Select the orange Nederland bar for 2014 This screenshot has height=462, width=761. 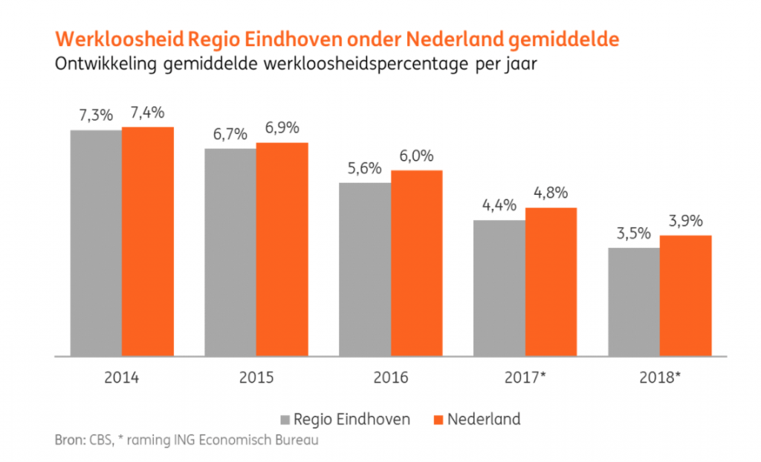148,242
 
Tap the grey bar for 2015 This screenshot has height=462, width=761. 230,253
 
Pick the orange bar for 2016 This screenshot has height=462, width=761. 417,263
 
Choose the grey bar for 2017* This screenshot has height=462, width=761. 499,289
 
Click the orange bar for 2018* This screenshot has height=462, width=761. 686,296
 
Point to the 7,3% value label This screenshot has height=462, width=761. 96,115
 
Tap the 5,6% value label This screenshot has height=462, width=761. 365,168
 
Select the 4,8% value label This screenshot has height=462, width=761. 551,193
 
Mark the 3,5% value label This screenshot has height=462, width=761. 634,233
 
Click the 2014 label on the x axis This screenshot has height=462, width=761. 122,377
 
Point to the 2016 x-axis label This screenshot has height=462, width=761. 391,377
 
